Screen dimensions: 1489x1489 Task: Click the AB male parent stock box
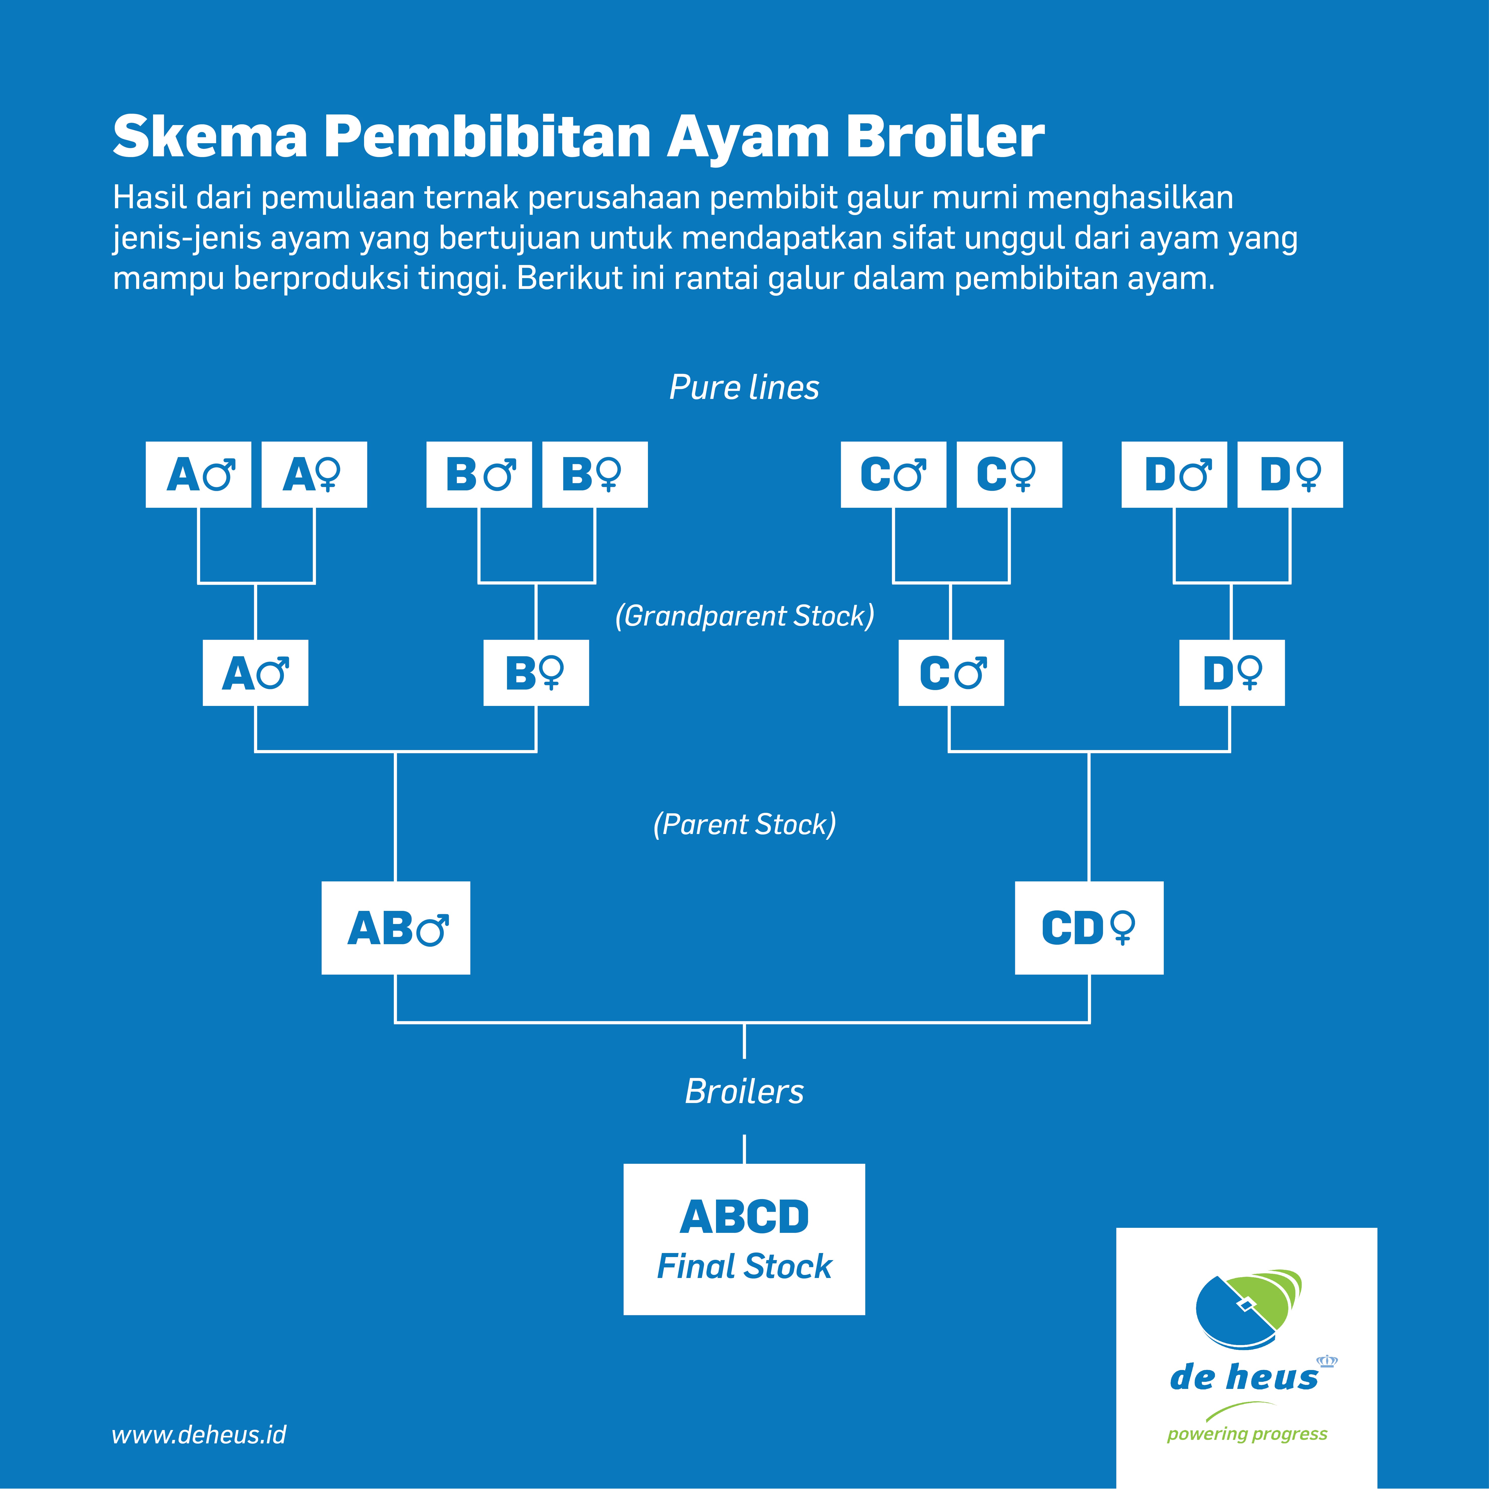point(395,928)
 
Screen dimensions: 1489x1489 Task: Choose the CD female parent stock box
point(1089,928)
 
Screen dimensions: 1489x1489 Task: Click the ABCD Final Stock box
point(744,1239)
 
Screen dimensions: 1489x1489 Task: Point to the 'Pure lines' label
point(744,387)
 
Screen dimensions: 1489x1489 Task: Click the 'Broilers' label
point(744,1091)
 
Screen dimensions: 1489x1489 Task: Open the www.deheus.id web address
point(199,1434)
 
